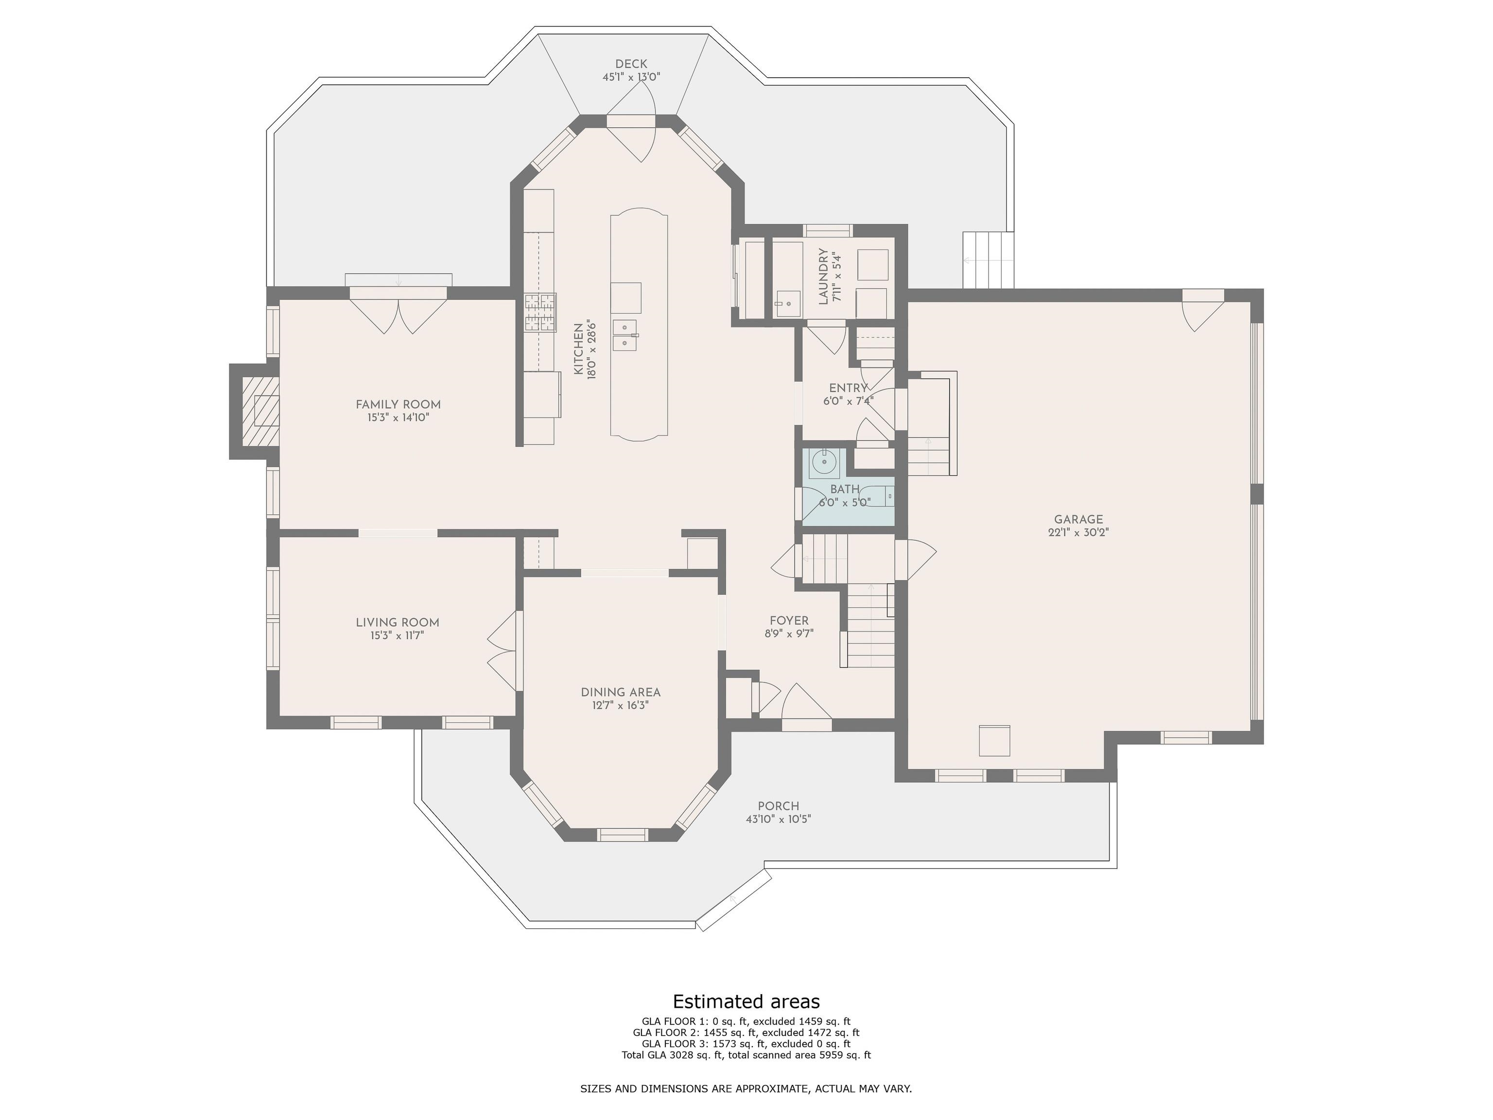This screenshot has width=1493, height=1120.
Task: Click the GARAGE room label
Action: tap(1078, 519)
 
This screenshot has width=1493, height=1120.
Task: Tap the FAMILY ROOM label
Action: tap(398, 404)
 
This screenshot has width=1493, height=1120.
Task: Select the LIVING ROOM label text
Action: tap(398, 622)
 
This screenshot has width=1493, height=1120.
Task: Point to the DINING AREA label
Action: tap(620, 692)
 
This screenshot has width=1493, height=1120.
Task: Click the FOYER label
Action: tap(789, 620)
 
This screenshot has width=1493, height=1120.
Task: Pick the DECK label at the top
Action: tap(631, 64)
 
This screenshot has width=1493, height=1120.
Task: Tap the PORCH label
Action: tap(778, 806)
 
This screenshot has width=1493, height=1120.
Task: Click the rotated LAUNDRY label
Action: tap(823, 277)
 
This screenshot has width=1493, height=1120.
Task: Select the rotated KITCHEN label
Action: tap(578, 349)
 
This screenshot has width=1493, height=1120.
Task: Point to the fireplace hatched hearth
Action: tap(260, 412)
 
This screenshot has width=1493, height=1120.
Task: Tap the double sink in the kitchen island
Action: tap(625, 335)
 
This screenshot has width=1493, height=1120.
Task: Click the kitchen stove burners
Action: tap(540, 313)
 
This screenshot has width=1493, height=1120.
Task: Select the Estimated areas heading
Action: tap(746, 1000)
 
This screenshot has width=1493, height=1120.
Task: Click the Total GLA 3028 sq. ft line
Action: tap(746, 1054)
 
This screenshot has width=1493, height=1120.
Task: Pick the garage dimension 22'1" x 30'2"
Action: tap(1078, 532)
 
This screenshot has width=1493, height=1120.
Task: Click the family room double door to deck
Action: tap(398, 311)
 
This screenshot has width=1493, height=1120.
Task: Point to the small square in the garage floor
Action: tap(995, 741)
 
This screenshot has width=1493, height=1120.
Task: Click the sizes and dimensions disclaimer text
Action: tap(746, 1088)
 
